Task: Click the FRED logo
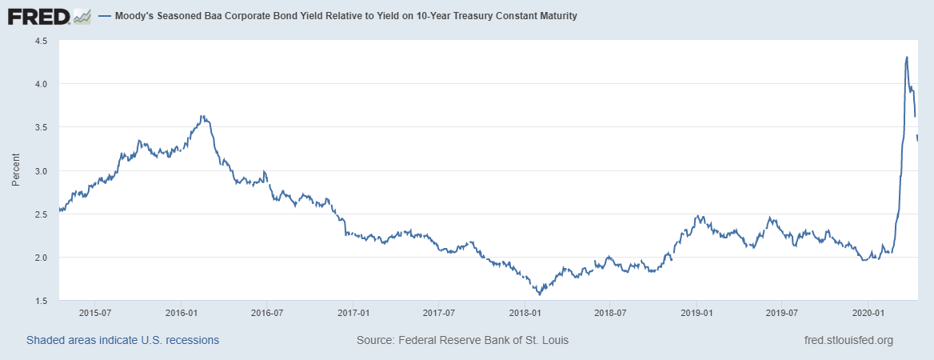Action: [49, 16]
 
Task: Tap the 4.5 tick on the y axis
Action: [42, 41]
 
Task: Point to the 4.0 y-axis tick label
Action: [42, 84]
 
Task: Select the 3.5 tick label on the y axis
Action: [42, 127]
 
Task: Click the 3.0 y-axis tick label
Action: [42, 171]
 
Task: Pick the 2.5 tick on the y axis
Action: [42, 214]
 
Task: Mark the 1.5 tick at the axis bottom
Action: [42, 301]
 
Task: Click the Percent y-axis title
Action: [16, 170]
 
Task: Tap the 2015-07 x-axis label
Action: [94, 312]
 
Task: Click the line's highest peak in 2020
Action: [906, 57]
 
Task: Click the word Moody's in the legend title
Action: [137, 16]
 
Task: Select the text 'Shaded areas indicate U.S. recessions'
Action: [123, 340]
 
